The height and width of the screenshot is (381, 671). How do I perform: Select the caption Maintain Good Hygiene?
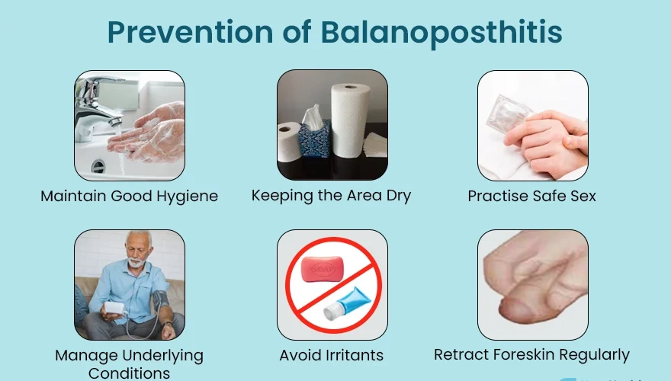129,196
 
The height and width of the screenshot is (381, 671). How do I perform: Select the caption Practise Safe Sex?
531,196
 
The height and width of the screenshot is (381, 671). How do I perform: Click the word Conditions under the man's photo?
129,373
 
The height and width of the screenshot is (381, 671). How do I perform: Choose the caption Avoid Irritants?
331,355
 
